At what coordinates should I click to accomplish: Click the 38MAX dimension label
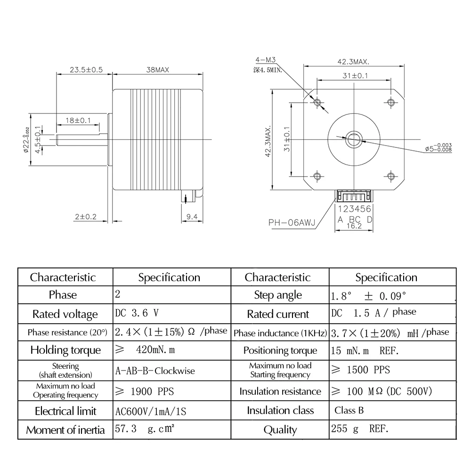coord(158,69)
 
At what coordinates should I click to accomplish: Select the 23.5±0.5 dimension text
coord(86,69)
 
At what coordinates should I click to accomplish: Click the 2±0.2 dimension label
coord(85,217)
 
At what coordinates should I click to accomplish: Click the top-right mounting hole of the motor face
coord(390,102)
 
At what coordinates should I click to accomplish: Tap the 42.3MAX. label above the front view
coord(353,61)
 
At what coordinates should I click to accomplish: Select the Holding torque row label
coord(65,350)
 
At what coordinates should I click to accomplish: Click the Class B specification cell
coord(349,410)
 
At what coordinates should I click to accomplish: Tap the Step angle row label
coord(278,295)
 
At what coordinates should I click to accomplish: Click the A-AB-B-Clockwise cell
coord(155,370)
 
